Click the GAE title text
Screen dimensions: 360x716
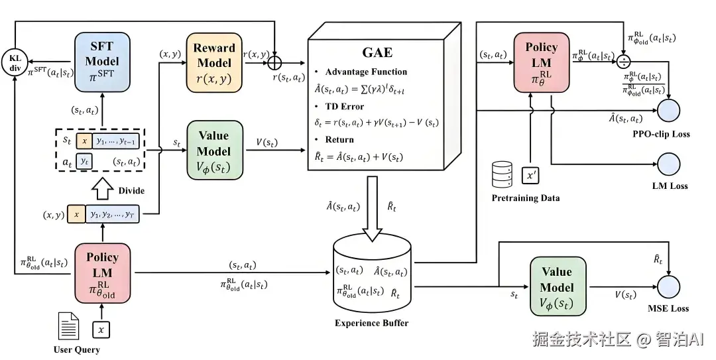[377, 52]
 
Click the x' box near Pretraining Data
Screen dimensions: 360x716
[531, 176]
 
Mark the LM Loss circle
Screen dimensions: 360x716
[669, 163]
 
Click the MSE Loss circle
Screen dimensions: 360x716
[669, 286]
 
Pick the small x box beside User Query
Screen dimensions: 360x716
[100, 329]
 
